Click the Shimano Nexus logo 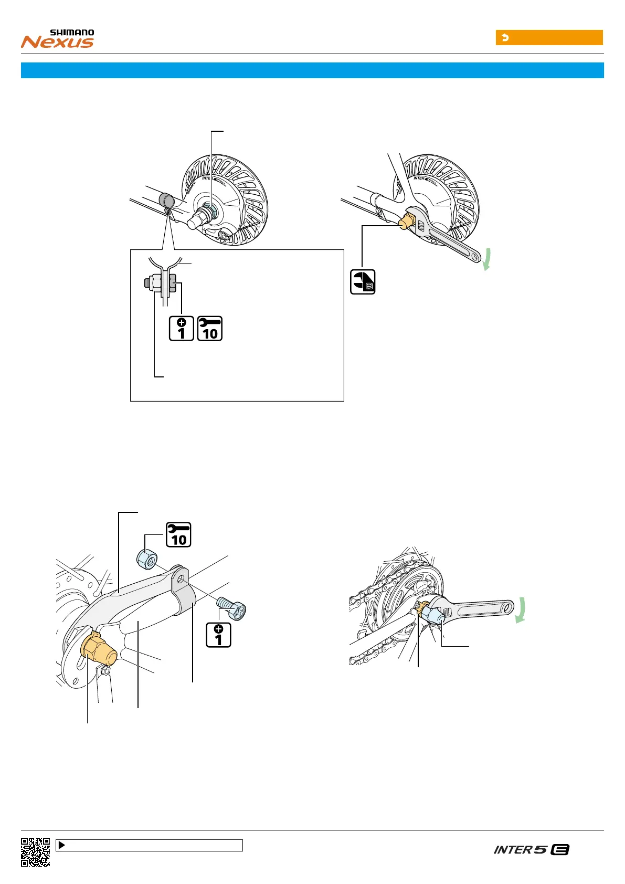tap(58, 39)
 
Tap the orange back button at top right tap(549, 38)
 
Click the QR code tap(36, 851)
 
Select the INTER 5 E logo tap(531, 849)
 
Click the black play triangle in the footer tap(61, 845)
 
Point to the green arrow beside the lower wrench tap(521, 612)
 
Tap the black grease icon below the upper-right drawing tap(363, 282)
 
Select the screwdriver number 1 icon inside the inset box tap(182, 329)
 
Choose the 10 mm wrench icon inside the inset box tap(210, 329)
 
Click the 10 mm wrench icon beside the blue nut tap(178, 535)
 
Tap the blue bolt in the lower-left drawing tap(234, 609)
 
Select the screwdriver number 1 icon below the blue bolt tap(219, 635)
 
